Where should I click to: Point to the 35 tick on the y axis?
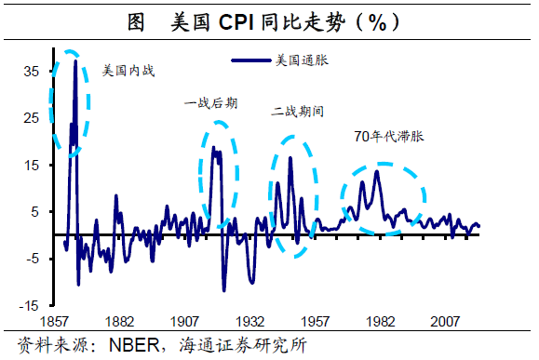(32, 72)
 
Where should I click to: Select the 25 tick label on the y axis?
(32, 118)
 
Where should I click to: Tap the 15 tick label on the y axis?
(32, 165)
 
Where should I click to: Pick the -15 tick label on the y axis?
(31, 305)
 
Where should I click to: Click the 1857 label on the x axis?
(68, 320)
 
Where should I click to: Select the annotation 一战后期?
(211, 103)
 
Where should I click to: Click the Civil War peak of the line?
(75, 60)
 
